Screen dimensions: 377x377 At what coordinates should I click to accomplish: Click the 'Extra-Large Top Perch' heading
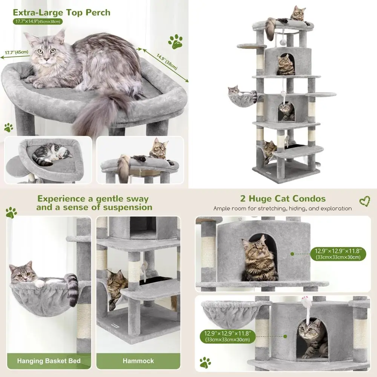click(x=61, y=12)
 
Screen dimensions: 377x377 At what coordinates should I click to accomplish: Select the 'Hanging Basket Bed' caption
click(x=49, y=361)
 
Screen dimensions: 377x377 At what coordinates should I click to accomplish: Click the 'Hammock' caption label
click(x=138, y=361)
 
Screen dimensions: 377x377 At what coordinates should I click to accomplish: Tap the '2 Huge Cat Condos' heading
click(x=283, y=199)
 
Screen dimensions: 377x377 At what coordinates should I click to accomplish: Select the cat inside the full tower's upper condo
click(x=285, y=65)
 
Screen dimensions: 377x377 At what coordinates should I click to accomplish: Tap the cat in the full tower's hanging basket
click(x=234, y=90)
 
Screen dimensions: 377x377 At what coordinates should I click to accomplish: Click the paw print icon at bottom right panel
click(x=205, y=362)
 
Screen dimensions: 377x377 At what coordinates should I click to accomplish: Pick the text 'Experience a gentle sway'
click(x=93, y=199)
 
